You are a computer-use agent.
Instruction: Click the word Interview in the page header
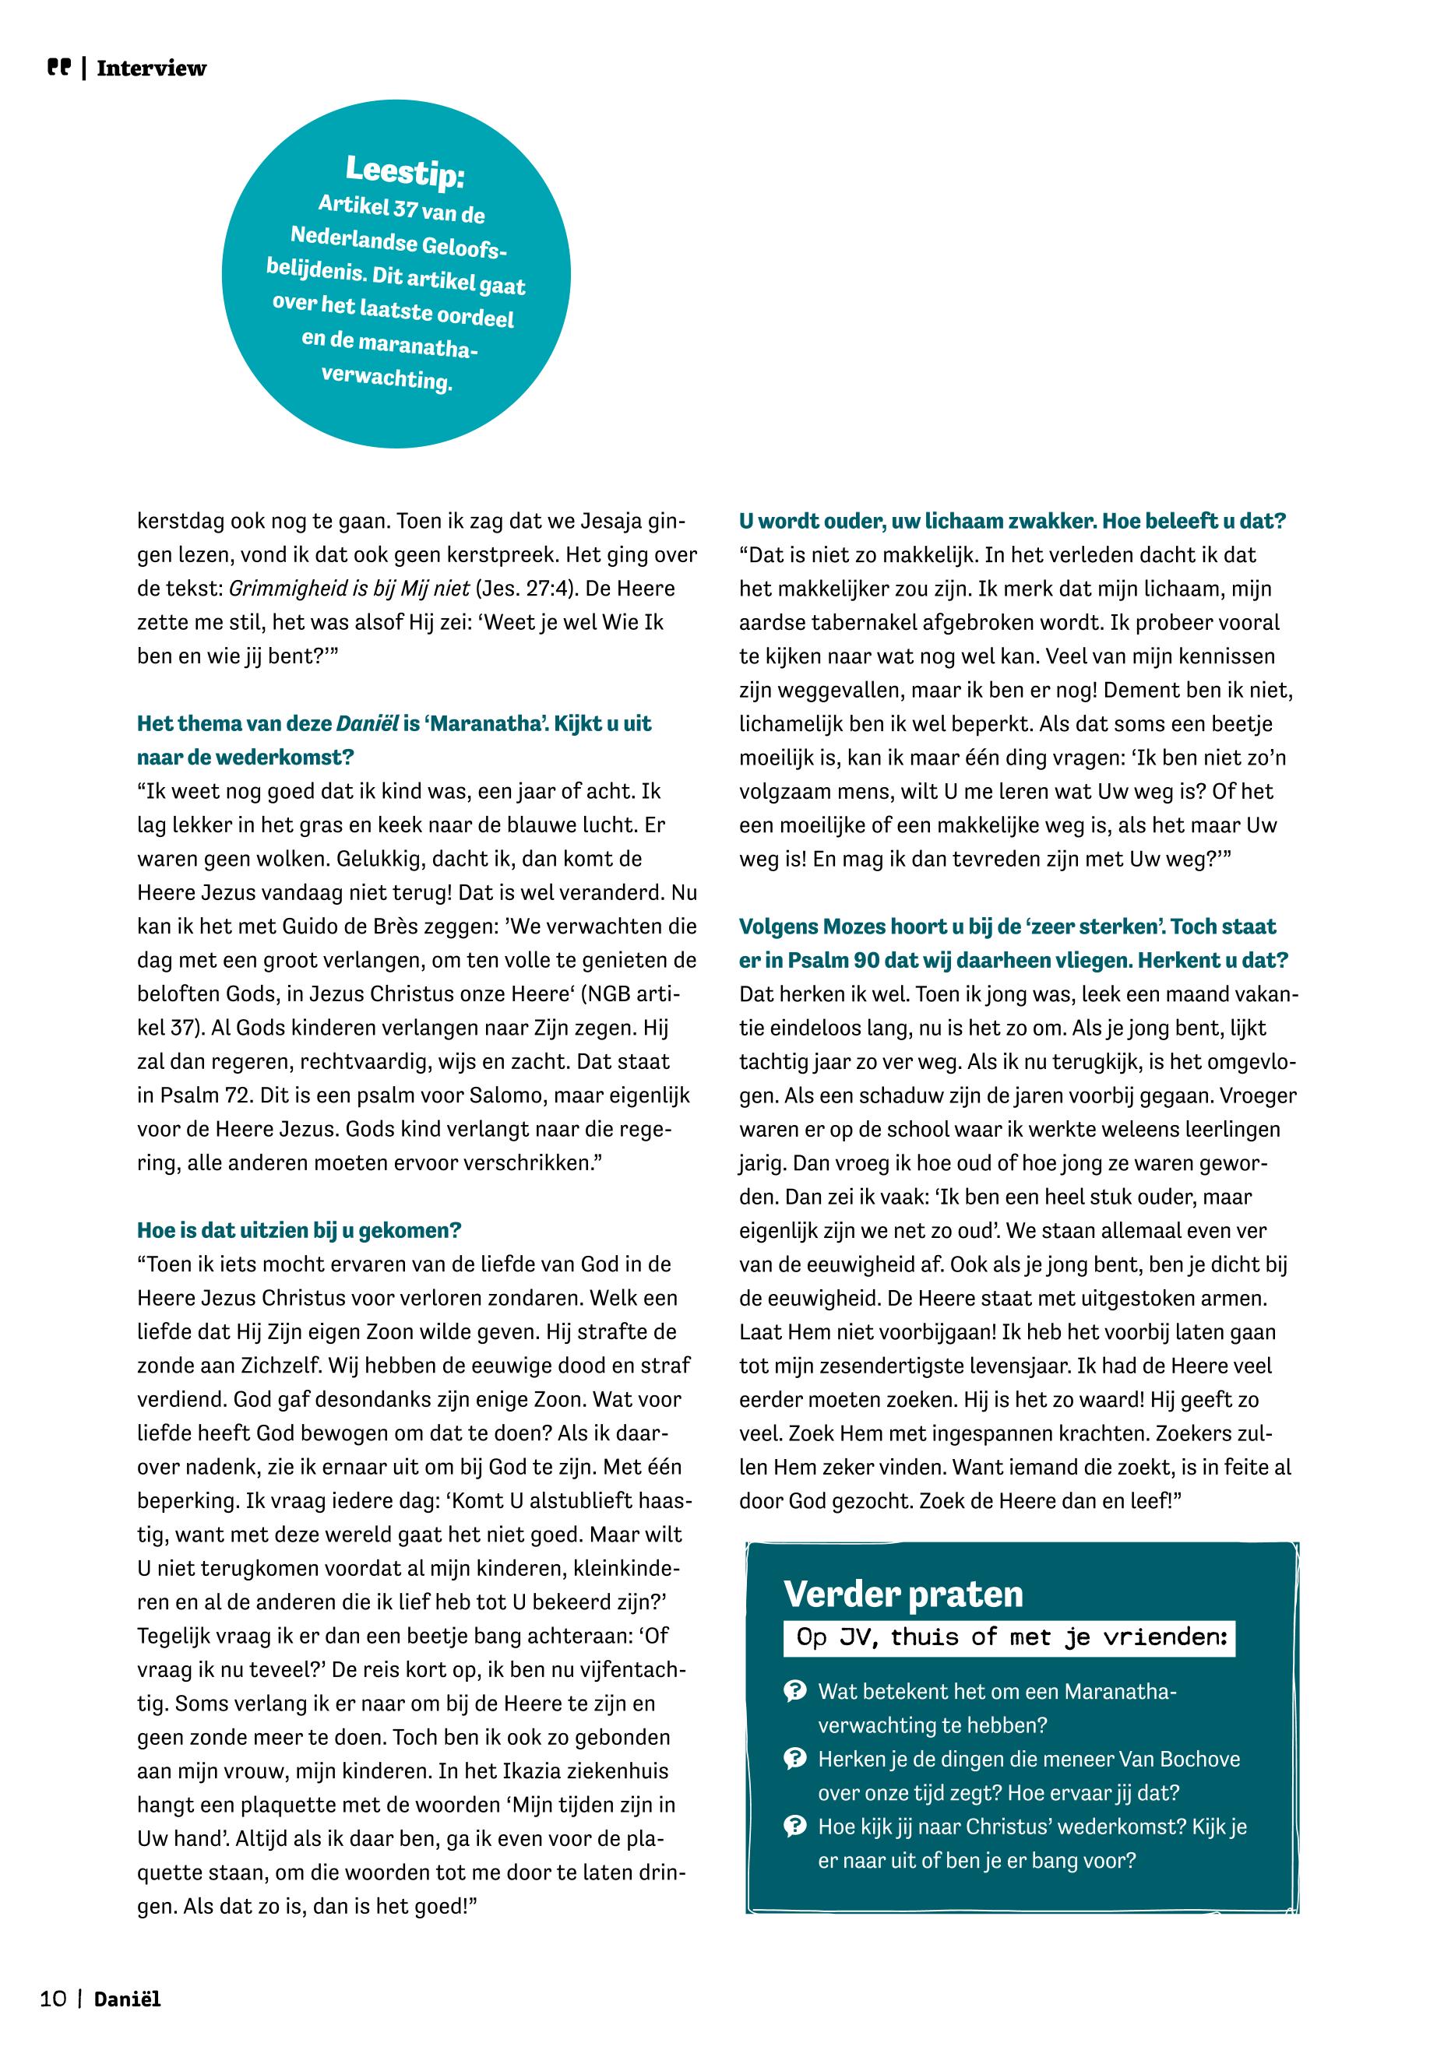pos(151,69)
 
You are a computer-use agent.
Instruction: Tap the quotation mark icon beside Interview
pos(58,68)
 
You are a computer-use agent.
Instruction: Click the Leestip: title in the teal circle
pos(404,171)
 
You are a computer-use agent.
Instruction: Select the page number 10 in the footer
pos(53,2000)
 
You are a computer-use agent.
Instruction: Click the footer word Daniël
pos(127,2000)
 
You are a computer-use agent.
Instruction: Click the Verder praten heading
pos(903,1594)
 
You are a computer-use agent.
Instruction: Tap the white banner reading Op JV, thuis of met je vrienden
pos(1009,1637)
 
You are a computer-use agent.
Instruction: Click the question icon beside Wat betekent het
pos(795,1691)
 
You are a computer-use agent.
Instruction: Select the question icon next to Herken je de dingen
pos(795,1759)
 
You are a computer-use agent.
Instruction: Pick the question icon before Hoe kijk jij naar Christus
pos(795,1827)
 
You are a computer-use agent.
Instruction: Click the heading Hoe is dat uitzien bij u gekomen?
pos(299,1230)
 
